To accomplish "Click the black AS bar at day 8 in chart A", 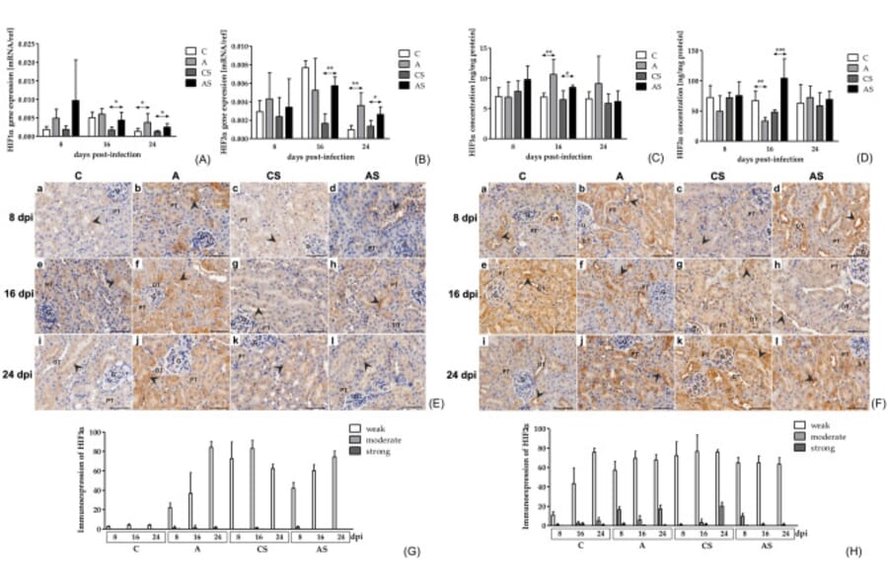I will tap(74, 117).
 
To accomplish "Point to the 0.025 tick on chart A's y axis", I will tap(28, 44).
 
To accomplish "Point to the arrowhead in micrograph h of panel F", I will tap(782, 318).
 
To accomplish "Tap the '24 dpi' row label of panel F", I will tap(459, 374).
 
